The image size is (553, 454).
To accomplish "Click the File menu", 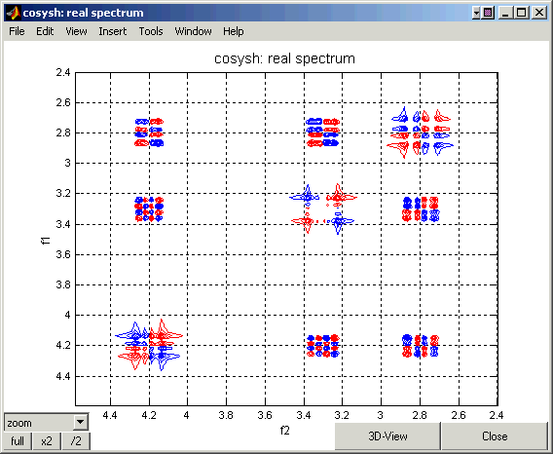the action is [x=17, y=31].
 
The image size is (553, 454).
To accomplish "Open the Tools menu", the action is [x=151, y=31].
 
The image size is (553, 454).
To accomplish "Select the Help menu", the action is [x=233, y=31].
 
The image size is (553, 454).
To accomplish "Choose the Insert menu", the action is [x=113, y=31].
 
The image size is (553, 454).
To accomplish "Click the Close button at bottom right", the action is [x=495, y=436].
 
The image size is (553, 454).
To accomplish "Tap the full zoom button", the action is [x=18, y=441].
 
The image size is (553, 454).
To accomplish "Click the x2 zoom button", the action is [x=47, y=441].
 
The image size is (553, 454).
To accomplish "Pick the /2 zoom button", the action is [x=76, y=441].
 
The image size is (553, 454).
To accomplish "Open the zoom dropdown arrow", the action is [x=81, y=422].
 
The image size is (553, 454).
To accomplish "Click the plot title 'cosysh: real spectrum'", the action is [x=284, y=58].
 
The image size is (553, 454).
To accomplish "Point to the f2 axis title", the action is [x=284, y=431].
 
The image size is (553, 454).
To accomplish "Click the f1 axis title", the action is [x=46, y=241].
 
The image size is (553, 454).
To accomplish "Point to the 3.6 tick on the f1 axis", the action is [x=63, y=254].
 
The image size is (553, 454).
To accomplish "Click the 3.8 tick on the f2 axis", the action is [x=226, y=415].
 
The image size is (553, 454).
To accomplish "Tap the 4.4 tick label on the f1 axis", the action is [x=63, y=376].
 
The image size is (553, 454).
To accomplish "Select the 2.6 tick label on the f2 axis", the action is [x=459, y=415].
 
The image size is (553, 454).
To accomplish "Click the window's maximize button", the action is [x=521, y=13].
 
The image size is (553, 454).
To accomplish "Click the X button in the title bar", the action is [x=539, y=13].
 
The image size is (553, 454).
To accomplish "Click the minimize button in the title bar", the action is [x=506, y=13].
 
